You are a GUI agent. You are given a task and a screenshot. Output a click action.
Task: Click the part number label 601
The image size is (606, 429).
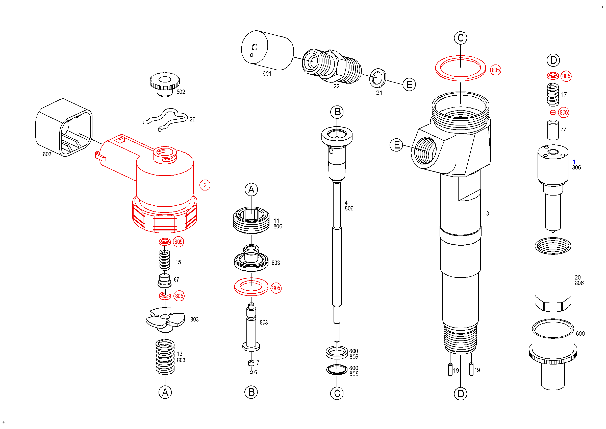coord(267,74)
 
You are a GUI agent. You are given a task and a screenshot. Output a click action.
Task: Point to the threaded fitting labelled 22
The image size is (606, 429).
coord(332,66)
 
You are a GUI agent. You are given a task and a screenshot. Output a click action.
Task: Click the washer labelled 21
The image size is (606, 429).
coord(377,78)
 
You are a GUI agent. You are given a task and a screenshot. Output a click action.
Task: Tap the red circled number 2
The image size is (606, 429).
coord(205,185)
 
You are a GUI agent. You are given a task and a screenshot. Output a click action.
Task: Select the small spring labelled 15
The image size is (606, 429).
coord(165,260)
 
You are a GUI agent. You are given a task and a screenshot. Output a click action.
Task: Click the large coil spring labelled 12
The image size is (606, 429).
coord(165,357)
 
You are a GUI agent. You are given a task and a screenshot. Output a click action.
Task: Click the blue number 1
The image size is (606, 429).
coord(574,161)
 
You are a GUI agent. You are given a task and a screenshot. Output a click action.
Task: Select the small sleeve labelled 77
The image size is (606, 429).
coord(553,130)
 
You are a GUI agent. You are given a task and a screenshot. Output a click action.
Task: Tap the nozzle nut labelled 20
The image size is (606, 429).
coord(553,275)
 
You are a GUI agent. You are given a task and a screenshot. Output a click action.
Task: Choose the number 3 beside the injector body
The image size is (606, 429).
coord(488,213)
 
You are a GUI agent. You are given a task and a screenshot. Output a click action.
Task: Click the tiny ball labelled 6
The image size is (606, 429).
coord(251,372)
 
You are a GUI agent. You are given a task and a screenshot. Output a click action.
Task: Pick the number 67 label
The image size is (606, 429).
coord(176,280)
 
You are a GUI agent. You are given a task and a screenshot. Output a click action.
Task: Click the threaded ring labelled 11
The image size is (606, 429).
coord(251,220)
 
